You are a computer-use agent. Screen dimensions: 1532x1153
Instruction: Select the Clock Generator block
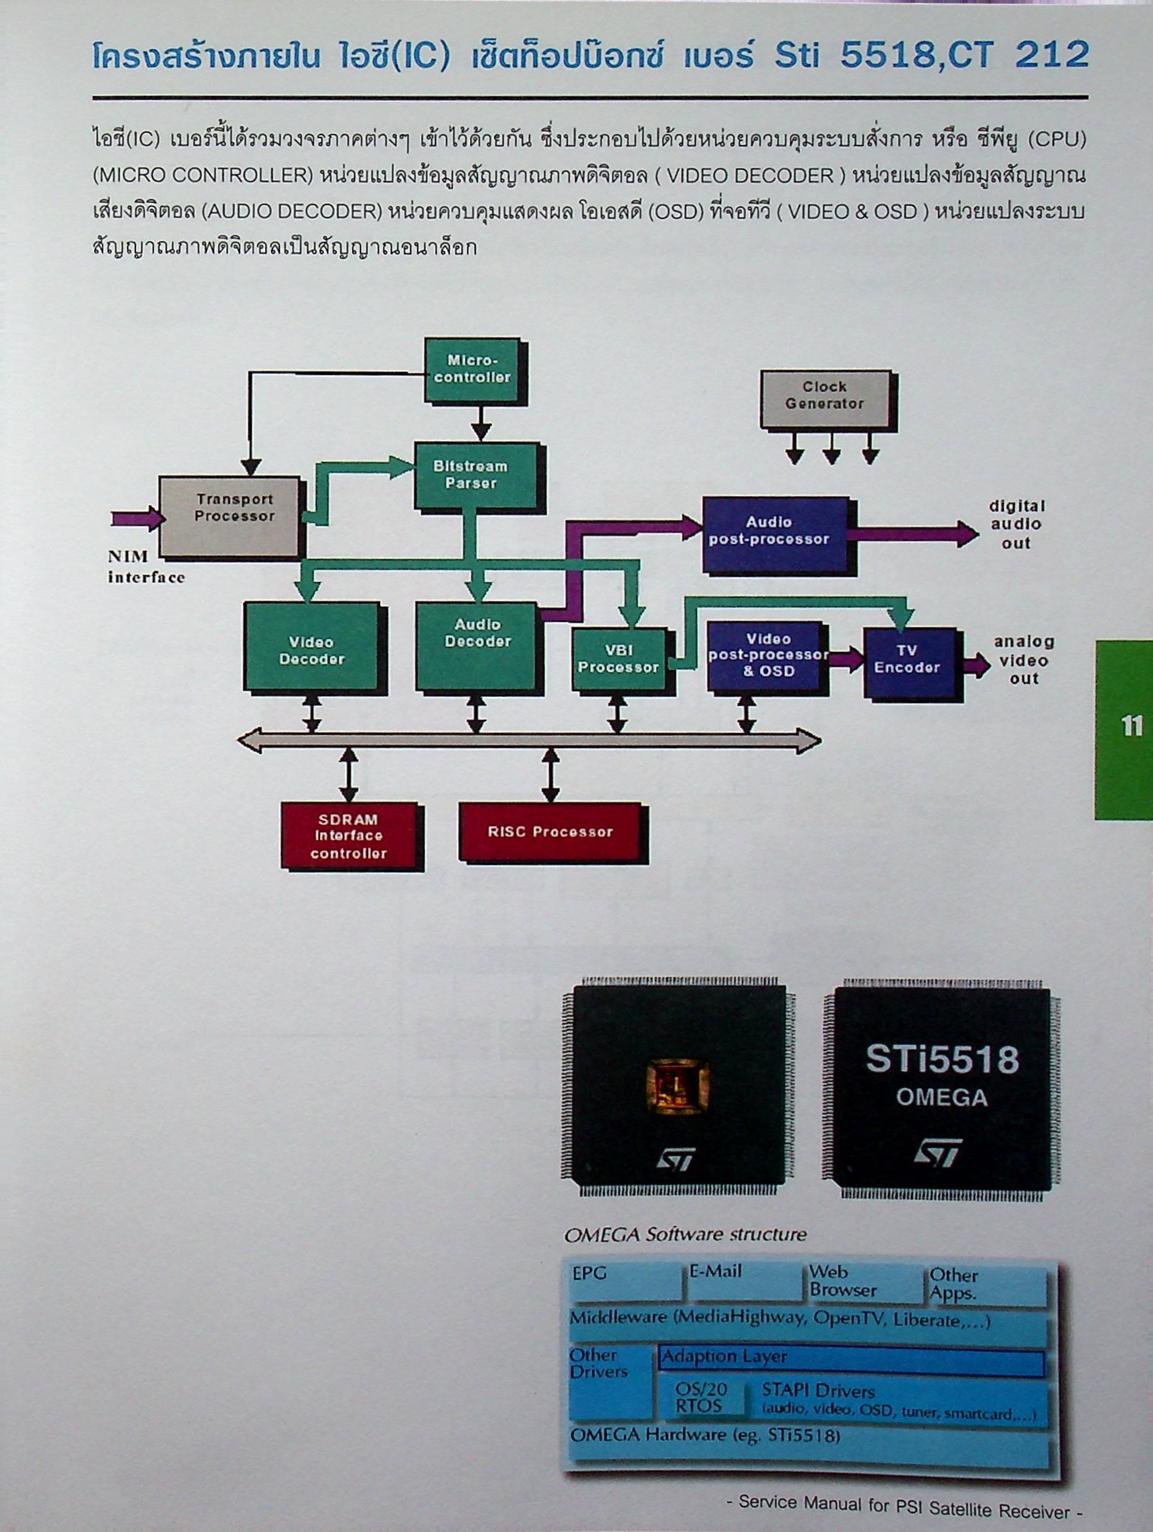click(824, 398)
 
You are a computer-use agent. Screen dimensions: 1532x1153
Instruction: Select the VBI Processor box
click(619, 658)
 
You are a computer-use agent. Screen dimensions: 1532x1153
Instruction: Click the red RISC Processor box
click(551, 831)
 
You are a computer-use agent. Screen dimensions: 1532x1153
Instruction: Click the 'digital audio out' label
click(1016, 525)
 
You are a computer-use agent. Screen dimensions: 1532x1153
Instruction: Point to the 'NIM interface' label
click(145, 566)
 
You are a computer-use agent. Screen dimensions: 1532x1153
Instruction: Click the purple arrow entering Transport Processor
click(136, 518)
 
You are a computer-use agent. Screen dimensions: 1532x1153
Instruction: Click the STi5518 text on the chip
click(941, 1060)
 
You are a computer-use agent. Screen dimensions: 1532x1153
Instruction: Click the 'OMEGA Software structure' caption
click(685, 1234)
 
